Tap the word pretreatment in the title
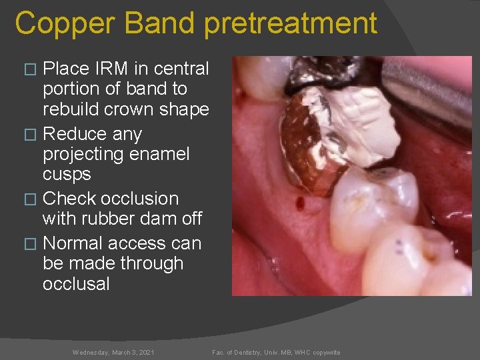291,24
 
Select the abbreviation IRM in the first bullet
108,69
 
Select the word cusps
67,174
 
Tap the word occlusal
76,283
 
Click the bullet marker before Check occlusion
28,199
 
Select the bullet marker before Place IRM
28,69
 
